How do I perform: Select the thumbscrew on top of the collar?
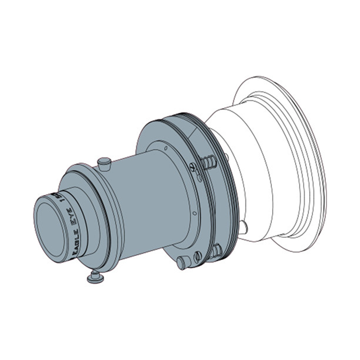pyautogui.click(x=105, y=164)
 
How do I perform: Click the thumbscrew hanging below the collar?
pyautogui.click(x=96, y=277)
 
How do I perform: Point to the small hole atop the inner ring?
pyautogui.click(x=166, y=148)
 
